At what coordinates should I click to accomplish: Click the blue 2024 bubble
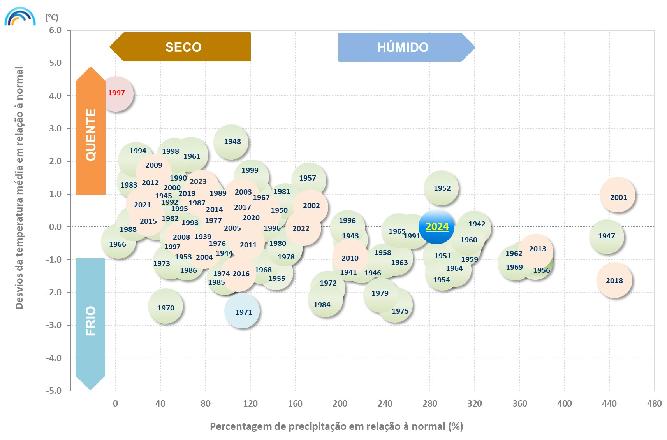pos(436,227)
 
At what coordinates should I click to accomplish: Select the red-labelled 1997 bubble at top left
pos(116,94)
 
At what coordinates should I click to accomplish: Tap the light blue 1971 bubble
pos(242,311)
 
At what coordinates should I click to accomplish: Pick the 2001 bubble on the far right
pos(618,195)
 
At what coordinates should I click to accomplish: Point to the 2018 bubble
pos(614,280)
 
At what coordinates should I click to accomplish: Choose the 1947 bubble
pos(607,237)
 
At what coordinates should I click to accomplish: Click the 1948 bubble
pos(231,142)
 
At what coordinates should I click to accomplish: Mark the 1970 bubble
pos(165,307)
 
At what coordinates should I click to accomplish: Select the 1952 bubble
pos(441,188)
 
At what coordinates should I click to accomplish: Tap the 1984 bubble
pos(325,300)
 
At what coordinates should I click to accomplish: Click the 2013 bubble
pos(536,251)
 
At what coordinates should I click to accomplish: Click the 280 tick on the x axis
pos(429,404)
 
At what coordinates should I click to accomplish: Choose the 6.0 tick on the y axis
pos(55,30)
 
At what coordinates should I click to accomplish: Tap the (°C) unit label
pos(51,18)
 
